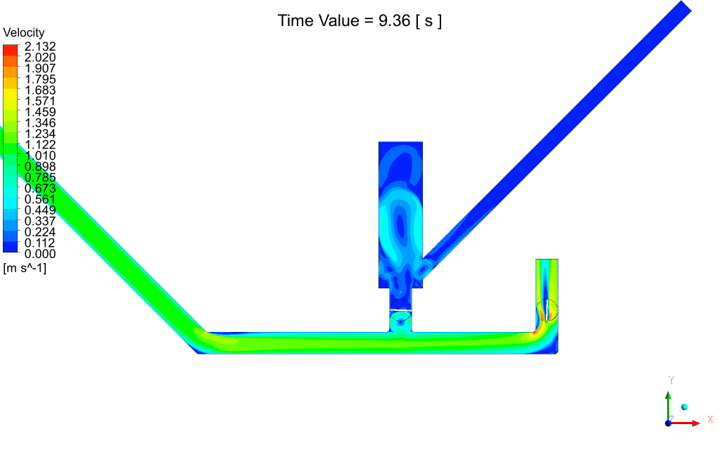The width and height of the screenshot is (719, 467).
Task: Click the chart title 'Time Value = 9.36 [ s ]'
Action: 359,20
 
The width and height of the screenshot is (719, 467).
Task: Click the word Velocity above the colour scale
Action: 24,32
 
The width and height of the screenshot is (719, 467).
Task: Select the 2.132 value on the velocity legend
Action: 40,46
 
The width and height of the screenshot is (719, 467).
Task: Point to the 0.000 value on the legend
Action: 40,253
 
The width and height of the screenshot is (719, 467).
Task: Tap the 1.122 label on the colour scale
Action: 40,144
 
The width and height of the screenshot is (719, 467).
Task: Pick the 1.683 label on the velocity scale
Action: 40,90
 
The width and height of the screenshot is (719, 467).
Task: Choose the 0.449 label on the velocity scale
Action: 40,210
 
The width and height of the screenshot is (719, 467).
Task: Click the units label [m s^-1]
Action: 25,268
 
